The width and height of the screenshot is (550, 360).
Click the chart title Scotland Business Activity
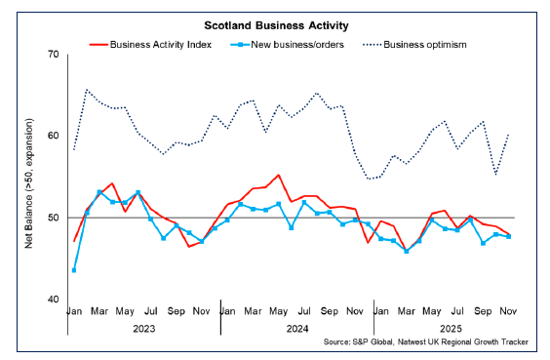coord(274,23)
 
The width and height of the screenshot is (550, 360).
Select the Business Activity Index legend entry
coord(160,44)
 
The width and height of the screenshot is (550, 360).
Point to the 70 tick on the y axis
coord(52,55)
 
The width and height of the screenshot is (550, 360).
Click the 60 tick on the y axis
coord(52,137)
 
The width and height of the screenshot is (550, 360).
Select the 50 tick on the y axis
coord(52,218)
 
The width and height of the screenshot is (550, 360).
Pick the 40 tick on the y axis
coord(52,300)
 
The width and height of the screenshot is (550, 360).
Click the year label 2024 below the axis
coord(296,329)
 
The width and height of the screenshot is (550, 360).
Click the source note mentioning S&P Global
coord(433,344)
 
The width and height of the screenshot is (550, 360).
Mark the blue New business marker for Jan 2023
coord(74,270)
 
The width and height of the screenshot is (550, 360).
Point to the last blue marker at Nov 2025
coord(509,236)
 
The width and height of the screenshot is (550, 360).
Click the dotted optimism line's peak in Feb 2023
coord(87,90)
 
